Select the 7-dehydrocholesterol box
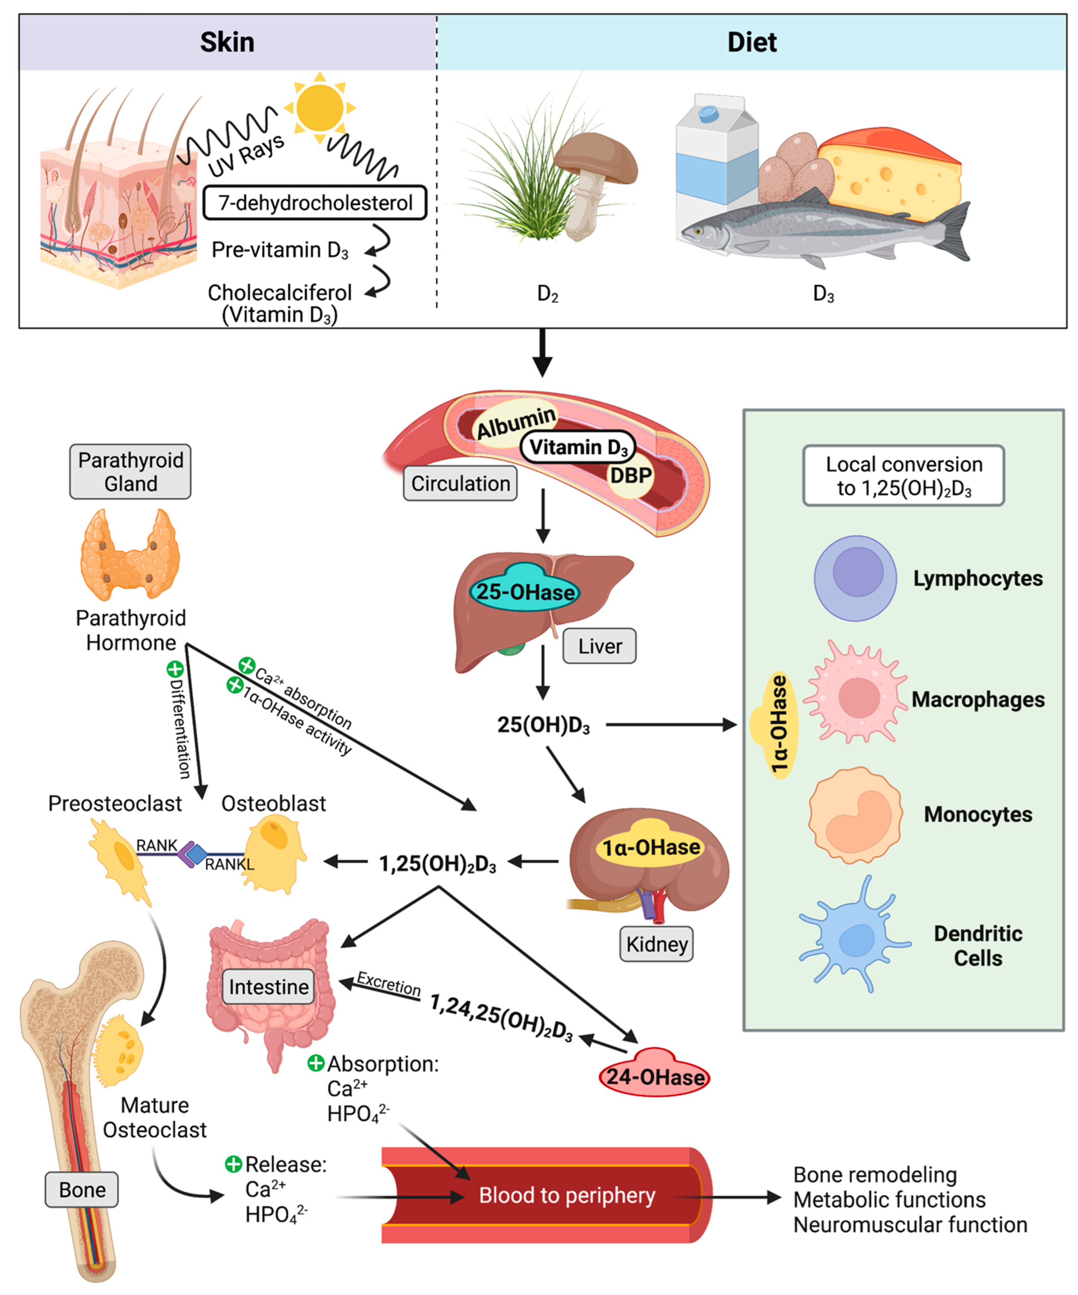coord(314,202)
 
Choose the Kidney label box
coord(657,944)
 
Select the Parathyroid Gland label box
coord(130,472)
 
